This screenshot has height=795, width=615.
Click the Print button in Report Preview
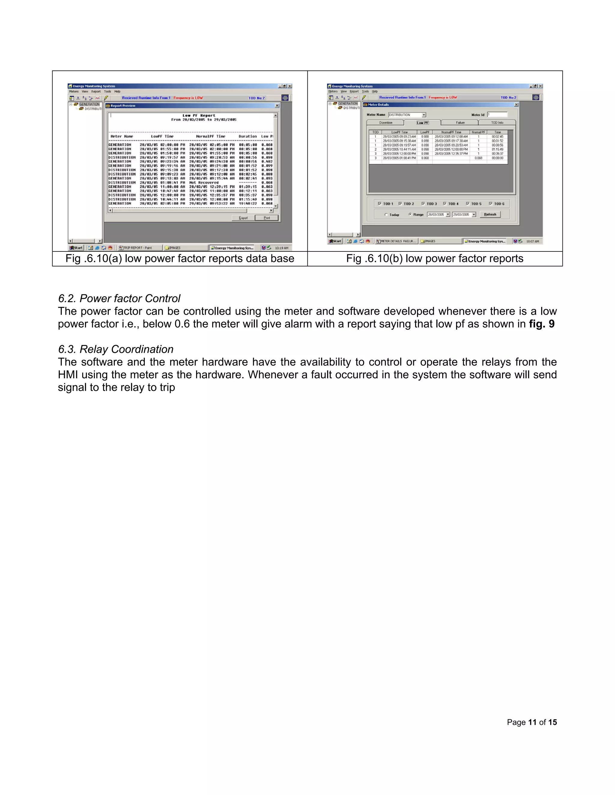coord(266,218)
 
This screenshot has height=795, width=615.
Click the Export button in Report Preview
coord(243,218)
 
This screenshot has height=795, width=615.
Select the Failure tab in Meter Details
coord(460,123)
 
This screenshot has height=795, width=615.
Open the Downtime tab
coord(386,123)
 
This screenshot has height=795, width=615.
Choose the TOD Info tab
coord(497,123)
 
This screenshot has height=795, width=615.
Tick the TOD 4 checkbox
coord(445,204)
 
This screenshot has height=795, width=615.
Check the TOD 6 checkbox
coord(491,204)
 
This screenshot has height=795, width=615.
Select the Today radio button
coord(386,215)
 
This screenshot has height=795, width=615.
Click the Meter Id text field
coord(497,115)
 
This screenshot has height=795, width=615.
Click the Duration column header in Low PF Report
coord(248,136)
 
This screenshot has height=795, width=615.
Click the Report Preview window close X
coord(277,106)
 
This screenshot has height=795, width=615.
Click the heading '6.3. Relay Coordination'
coord(116,349)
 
